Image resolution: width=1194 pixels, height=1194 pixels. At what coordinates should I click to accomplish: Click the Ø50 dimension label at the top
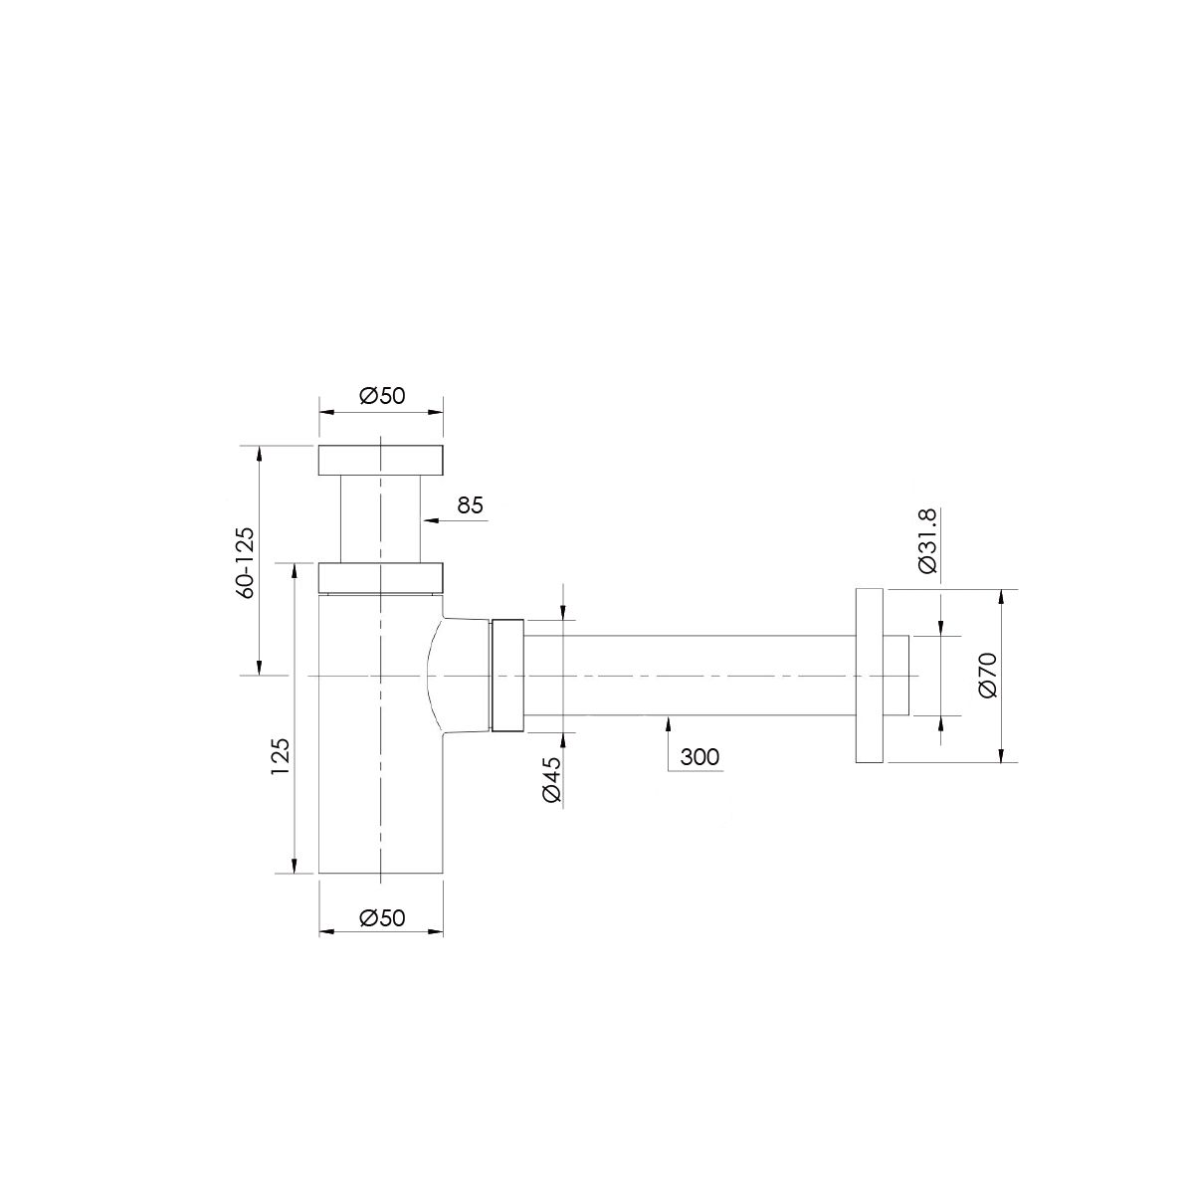(382, 395)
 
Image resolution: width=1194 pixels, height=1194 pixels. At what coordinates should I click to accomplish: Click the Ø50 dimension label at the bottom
(382, 917)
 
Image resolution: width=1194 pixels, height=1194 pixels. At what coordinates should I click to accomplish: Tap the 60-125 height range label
(246, 562)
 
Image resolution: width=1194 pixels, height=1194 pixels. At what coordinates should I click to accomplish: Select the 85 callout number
(471, 505)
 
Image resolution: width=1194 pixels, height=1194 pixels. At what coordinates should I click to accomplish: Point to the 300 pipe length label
(699, 757)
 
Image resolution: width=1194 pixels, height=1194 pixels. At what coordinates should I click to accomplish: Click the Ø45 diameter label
(552, 779)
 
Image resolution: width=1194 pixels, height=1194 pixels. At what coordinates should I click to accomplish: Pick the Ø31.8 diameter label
(928, 541)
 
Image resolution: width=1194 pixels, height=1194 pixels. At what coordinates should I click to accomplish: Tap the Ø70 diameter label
(989, 676)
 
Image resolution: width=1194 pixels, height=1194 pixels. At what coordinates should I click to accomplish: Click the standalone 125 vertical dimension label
(280, 755)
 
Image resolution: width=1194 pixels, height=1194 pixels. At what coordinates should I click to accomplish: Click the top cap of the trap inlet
(381, 461)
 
